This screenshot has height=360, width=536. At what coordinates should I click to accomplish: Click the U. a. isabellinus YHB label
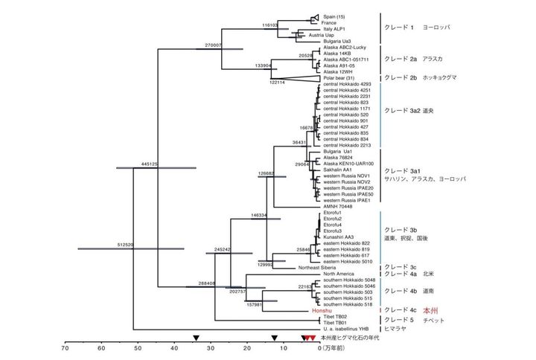tap(347, 328)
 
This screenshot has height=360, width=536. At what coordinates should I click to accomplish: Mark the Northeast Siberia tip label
tap(322, 267)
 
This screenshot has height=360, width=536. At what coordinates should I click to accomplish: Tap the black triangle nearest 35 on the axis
tap(196, 338)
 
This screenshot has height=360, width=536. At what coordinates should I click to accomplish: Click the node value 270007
tap(214, 45)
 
